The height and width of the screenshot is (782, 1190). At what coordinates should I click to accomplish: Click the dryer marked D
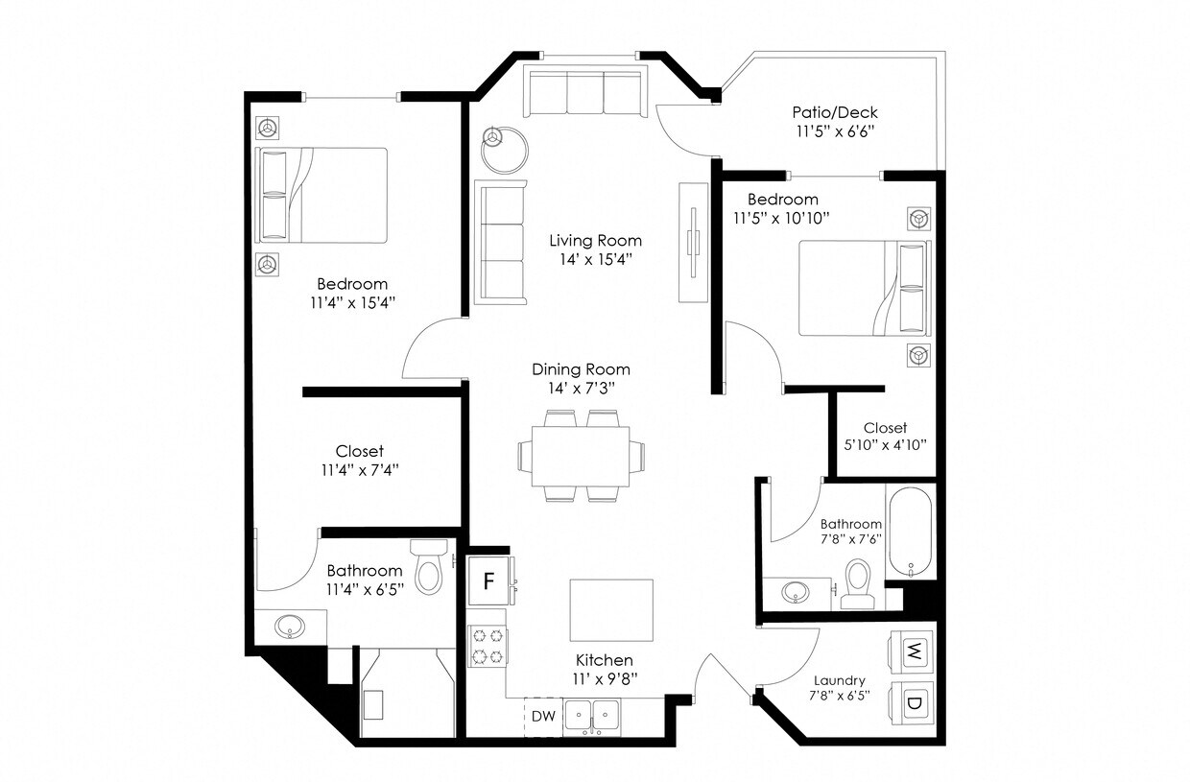coord(915,702)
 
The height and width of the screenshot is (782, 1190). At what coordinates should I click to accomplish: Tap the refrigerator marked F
coord(488,581)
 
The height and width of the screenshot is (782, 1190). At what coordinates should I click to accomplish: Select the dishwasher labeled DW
coord(543,716)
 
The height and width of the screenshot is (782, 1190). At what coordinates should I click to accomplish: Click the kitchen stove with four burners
coord(486,647)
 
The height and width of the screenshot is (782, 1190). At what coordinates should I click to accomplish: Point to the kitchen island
coord(611,610)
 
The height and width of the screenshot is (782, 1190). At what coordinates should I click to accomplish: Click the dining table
coord(581,457)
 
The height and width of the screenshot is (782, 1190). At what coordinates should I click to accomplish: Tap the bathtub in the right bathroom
coord(909,533)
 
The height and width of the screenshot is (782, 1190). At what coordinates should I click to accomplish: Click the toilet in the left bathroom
coord(428,566)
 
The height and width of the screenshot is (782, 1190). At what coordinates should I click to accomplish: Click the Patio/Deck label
coord(835,112)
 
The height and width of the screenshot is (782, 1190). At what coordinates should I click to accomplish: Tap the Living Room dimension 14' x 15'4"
coord(595,258)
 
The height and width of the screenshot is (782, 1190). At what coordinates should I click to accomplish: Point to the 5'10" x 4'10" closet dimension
coord(884,444)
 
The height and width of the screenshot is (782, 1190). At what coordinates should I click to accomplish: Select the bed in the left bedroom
coord(321,195)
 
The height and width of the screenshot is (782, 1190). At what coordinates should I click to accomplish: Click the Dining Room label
coord(582,369)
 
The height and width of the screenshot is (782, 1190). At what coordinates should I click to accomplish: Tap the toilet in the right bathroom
coord(856,581)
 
